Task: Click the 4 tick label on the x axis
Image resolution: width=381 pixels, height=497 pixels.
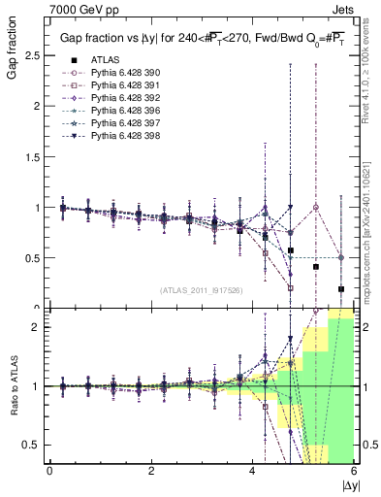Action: click(x=253, y=472)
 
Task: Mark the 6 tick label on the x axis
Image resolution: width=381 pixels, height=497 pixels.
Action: click(x=354, y=472)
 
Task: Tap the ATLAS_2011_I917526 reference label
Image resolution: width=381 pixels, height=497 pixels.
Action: click(x=201, y=290)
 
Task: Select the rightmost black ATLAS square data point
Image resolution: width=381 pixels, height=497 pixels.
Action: click(x=341, y=288)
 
